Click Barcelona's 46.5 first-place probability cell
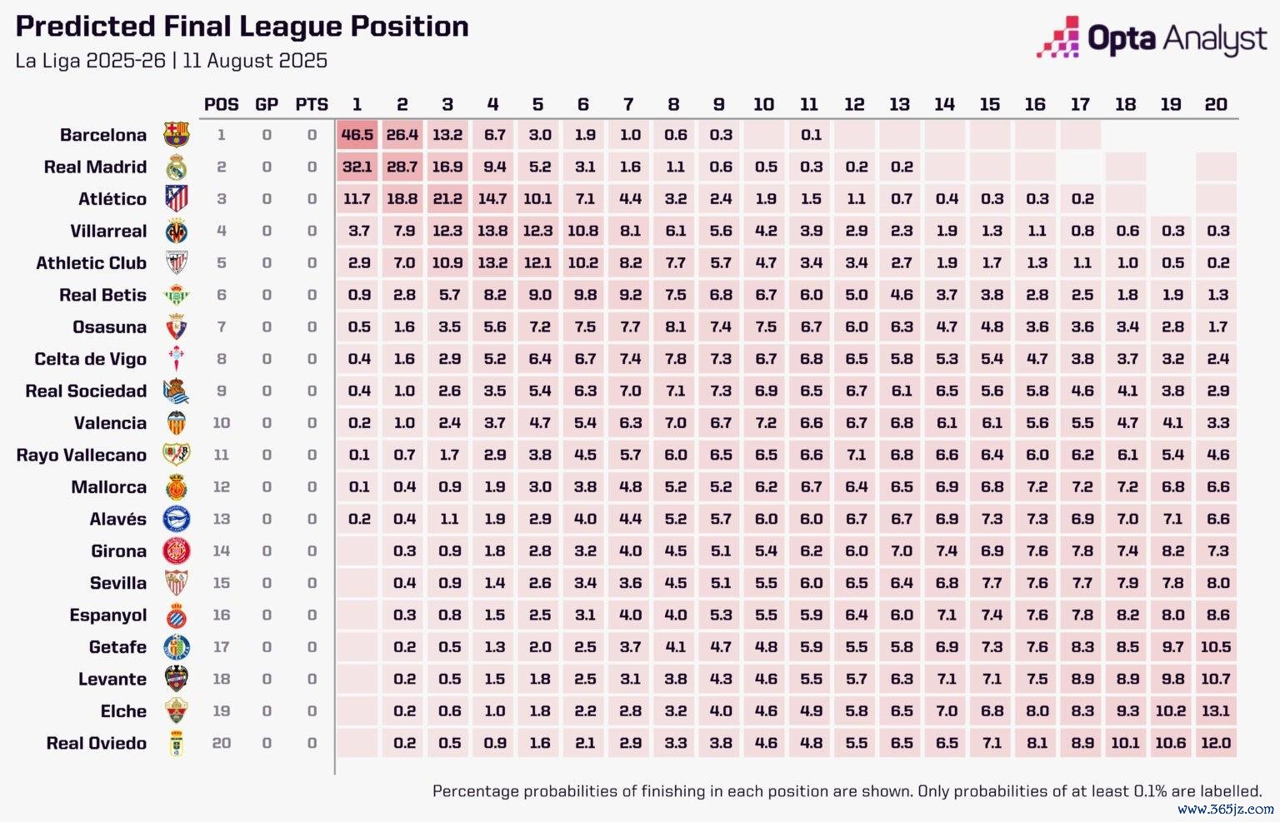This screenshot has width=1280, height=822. [357, 135]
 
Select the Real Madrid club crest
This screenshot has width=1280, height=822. [177, 167]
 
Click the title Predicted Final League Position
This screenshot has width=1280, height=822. [242, 27]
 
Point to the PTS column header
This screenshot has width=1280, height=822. [312, 105]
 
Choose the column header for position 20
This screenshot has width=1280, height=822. [1216, 105]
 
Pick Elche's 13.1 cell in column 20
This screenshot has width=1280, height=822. [1216, 711]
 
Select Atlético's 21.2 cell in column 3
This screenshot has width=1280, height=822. [447, 199]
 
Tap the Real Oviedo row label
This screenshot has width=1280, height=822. [96, 744]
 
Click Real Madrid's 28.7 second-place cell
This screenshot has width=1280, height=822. [402, 167]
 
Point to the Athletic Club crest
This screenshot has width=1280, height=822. [177, 263]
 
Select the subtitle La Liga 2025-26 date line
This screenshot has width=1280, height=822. [171, 61]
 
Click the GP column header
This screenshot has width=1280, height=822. [267, 105]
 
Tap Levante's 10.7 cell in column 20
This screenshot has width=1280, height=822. [1216, 680]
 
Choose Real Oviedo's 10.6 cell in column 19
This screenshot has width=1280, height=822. [1171, 744]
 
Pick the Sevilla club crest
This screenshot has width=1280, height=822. [177, 583]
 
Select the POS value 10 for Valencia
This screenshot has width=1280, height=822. [221, 423]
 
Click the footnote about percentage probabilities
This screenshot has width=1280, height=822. [847, 791]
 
